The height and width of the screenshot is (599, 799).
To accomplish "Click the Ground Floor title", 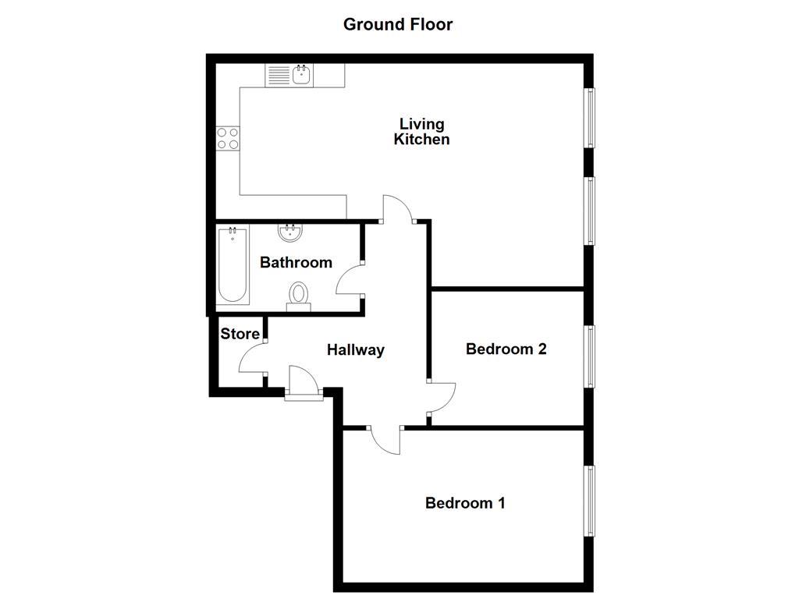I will coord(398,24).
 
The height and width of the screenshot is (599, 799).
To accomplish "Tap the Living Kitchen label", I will coord(421,132).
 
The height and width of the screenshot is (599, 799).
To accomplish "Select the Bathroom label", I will coord(296,263).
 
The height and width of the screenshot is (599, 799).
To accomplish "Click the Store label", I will coord(240,334).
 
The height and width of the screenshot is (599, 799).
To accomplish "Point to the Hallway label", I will coord(355,350).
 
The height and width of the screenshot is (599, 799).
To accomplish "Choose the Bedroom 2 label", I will coord(506,349).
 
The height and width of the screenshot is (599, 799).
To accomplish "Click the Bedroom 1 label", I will coord(464,503).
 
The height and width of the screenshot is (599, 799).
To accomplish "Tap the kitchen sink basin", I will coord(302,75).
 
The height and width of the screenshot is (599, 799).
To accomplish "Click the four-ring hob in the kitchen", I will coord(228,138).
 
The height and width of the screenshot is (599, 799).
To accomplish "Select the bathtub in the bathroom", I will coord(233,265).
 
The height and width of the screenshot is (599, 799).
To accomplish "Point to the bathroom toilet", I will coord(298,296).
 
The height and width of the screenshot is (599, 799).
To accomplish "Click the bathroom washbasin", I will coord(290,232).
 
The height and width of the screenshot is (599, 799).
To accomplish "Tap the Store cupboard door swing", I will coord(251,360).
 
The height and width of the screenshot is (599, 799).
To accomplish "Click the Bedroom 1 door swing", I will coord(385,441).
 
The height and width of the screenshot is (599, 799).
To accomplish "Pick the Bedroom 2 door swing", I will coord(442,397).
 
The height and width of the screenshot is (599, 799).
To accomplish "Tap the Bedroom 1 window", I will coord(590,501).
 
